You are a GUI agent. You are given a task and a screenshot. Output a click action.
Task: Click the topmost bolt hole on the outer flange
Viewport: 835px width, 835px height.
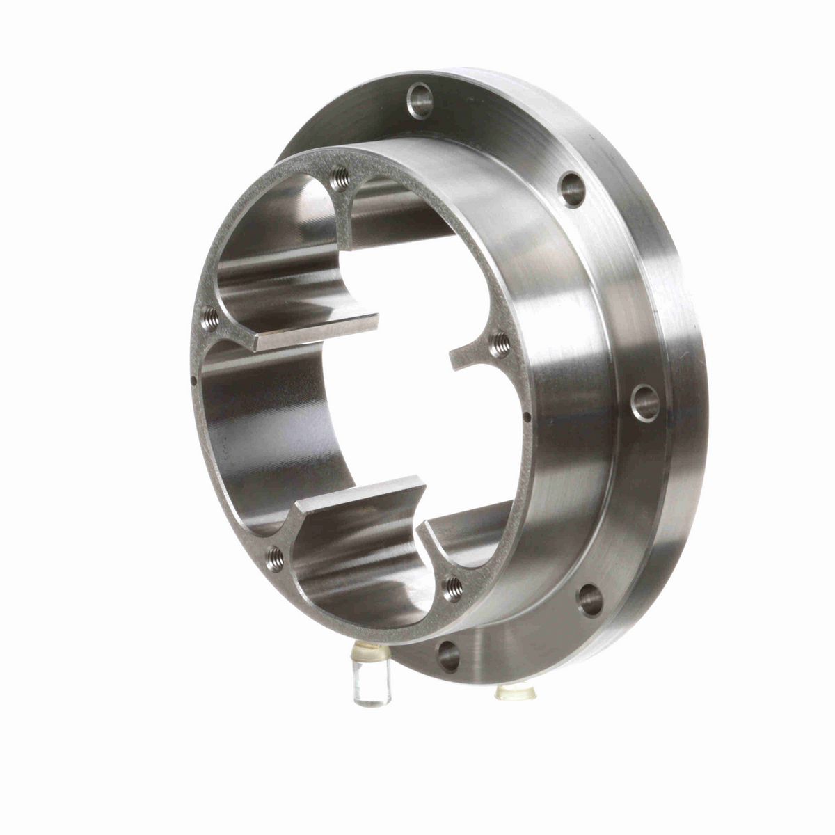(420, 101)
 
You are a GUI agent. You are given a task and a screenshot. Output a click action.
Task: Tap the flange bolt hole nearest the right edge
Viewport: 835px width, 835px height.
(646, 403)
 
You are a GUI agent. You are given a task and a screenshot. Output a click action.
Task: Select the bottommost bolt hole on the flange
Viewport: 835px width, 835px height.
(449, 655)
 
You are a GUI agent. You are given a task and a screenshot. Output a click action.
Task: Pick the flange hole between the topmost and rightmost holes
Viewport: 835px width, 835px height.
(572, 189)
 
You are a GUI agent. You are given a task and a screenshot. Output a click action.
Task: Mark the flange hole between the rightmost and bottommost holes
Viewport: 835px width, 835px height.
(590, 599)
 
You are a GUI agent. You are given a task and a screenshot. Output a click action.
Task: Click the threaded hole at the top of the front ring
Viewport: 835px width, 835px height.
(340, 180)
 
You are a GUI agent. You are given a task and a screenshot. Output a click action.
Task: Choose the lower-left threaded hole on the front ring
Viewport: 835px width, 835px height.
(275, 555)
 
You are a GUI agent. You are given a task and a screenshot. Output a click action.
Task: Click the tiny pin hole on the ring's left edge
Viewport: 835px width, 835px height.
(192, 380)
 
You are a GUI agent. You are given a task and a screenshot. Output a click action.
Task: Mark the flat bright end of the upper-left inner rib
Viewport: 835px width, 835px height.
(317, 332)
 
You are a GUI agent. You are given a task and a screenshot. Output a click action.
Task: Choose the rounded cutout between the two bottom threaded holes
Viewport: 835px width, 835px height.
(362, 584)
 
